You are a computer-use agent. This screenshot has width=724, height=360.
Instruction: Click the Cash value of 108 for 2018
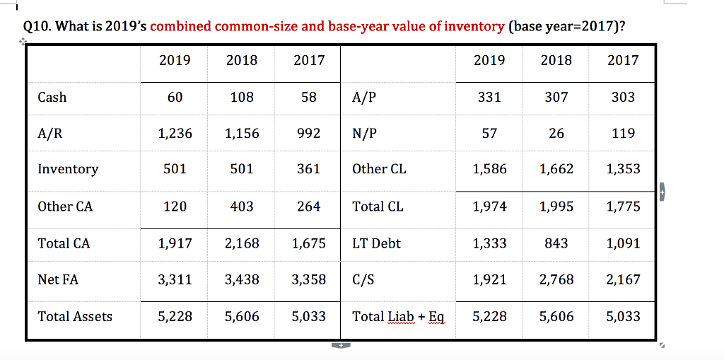tap(242, 97)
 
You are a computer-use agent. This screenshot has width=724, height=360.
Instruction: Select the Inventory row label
tap(68, 169)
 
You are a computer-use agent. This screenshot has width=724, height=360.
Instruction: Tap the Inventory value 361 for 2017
tap(308, 169)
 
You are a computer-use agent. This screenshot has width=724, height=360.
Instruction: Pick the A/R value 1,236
tap(175, 133)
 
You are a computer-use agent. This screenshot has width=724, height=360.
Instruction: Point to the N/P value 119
tap(623, 133)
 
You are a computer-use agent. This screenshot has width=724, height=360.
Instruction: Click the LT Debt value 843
tap(556, 243)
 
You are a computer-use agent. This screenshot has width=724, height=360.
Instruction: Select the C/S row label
tap(363, 279)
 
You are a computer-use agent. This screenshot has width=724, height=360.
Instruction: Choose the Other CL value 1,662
tap(556, 169)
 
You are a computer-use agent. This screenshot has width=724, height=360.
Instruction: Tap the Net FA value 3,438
tap(242, 279)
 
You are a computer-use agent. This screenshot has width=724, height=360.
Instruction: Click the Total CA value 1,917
tap(175, 243)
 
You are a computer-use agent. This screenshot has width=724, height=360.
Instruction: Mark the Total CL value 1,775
tap(623, 207)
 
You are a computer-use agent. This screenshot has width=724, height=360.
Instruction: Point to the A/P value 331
tap(489, 97)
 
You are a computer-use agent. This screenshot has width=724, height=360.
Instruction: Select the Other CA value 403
tap(242, 207)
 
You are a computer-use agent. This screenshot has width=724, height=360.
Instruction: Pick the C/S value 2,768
tap(556, 279)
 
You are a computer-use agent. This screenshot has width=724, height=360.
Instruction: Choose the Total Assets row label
tap(75, 316)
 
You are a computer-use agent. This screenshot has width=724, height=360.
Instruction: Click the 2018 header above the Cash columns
tap(242, 60)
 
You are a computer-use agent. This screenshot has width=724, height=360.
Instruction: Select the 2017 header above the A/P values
tap(623, 60)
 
